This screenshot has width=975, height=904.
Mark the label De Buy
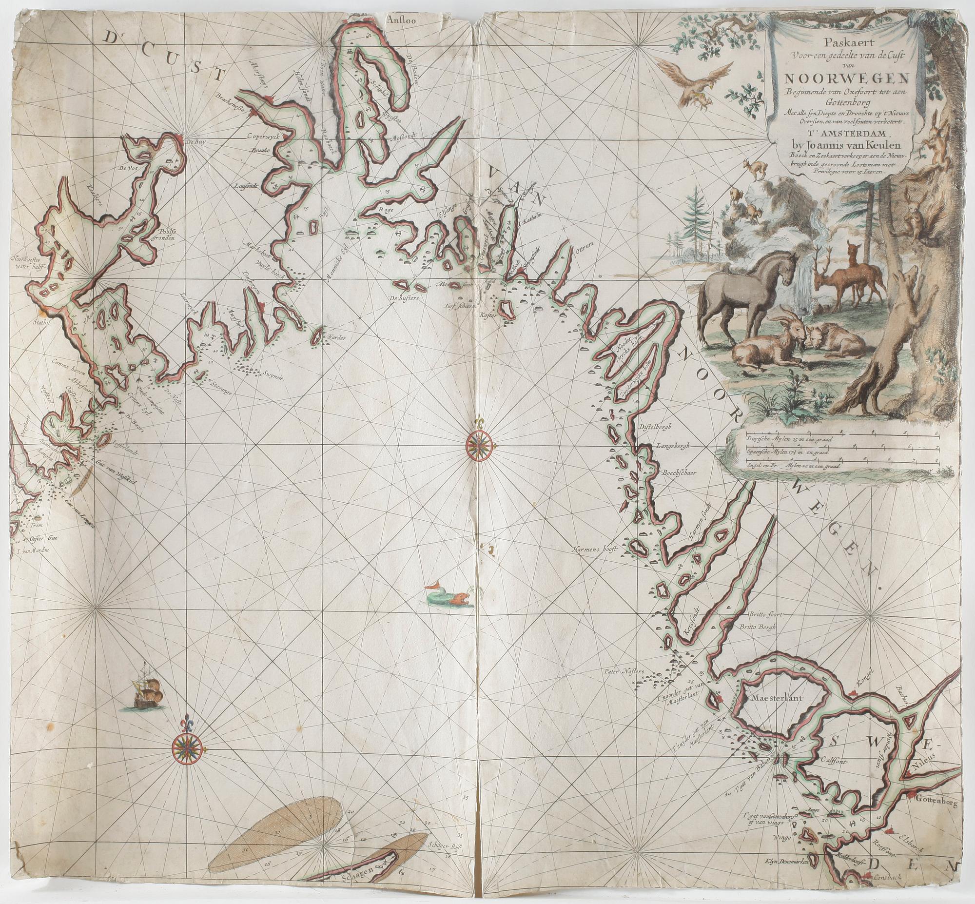point(194,142)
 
